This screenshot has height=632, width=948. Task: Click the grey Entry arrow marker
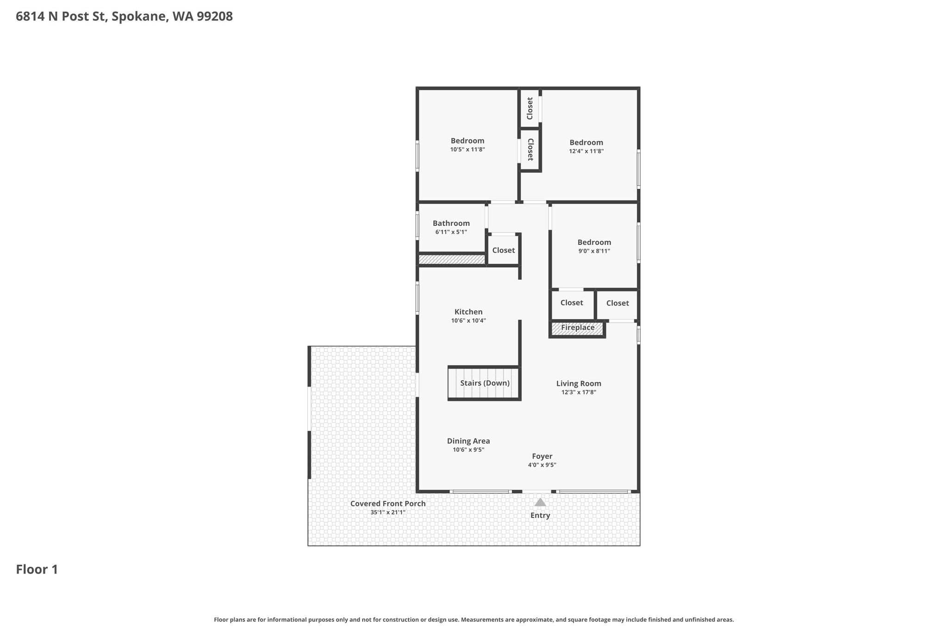[x=540, y=502]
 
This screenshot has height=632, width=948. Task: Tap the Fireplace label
[x=578, y=328]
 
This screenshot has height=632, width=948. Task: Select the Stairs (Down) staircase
[x=484, y=383]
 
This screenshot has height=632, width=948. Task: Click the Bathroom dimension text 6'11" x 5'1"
[x=451, y=232]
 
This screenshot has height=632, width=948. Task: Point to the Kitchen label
[x=468, y=312]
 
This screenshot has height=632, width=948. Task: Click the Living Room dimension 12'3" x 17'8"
[x=579, y=392]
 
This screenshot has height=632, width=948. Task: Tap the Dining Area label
[x=468, y=441]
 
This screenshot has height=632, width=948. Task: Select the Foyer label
[x=542, y=457]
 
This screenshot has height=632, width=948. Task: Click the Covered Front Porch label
[x=388, y=504]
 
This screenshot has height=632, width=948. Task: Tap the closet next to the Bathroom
[x=504, y=250]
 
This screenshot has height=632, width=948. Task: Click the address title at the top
[x=124, y=17]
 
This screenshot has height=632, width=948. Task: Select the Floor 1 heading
[x=37, y=569]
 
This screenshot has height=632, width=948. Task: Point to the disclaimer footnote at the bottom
[x=474, y=619]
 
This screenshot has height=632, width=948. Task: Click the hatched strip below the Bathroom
[x=452, y=260]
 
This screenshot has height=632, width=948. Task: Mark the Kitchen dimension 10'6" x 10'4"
[x=468, y=320]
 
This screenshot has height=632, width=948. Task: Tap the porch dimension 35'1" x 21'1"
[x=388, y=513]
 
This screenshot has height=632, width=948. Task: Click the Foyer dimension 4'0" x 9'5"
[x=542, y=465]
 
